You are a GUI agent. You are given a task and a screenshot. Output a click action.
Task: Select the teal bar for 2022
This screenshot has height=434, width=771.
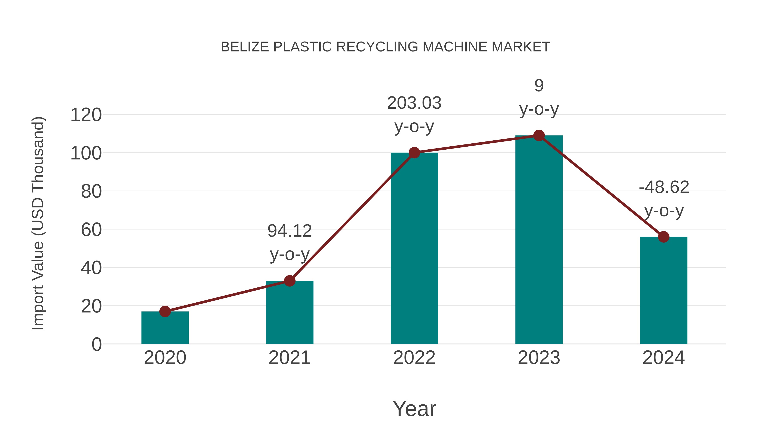point(414,249)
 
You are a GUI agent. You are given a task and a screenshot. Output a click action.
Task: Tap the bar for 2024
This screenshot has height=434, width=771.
point(663,291)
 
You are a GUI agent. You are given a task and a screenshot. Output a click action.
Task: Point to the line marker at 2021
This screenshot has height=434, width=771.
point(289,281)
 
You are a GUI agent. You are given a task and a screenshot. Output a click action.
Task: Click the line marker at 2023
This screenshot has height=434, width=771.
point(539,136)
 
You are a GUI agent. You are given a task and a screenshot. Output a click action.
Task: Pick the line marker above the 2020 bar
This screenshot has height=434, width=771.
point(165,311)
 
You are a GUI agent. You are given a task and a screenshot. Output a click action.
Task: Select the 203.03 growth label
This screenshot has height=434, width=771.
point(414,103)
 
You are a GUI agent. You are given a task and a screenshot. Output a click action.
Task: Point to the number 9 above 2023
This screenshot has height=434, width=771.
point(539,86)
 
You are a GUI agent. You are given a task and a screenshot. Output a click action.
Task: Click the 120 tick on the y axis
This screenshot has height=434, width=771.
point(86,115)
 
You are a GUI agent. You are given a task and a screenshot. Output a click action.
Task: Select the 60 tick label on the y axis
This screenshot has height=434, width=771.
point(91,230)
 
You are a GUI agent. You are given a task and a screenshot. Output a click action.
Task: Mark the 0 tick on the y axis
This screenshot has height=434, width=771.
point(97,344)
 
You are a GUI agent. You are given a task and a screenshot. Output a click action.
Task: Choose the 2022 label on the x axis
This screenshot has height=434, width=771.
point(414,358)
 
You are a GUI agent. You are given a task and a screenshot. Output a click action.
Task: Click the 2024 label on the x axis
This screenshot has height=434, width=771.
point(663,358)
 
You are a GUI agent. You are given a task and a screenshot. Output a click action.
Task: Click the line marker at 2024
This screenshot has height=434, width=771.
point(663,237)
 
